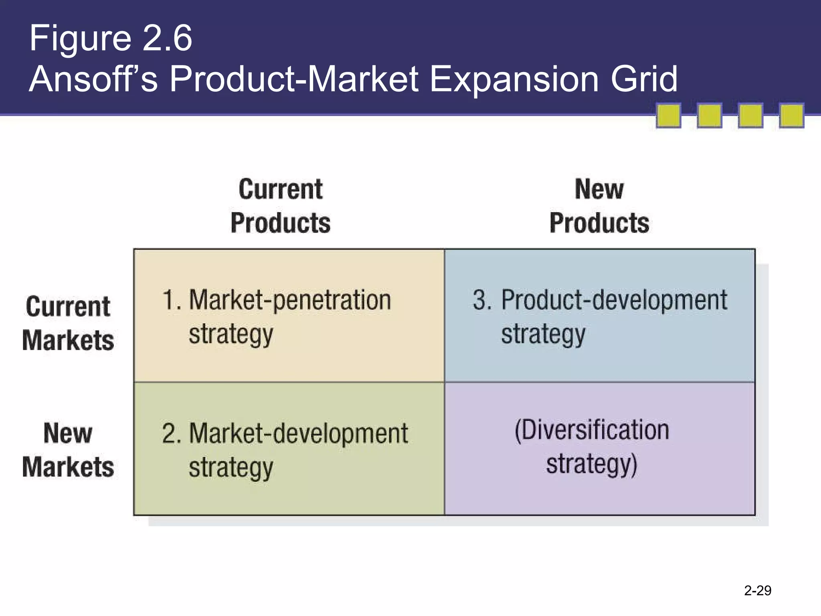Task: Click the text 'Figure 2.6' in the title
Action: (111, 38)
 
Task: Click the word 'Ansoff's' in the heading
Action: (93, 79)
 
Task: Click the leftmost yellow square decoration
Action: (668, 115)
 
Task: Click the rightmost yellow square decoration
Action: (791, 115)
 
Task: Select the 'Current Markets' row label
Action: (68, 323)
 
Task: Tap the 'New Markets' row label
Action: (68, 450)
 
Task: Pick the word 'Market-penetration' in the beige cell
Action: (290, 300)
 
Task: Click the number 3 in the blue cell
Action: (481, 300)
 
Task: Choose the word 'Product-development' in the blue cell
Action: (614, 300)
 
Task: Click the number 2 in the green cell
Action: (170, 434)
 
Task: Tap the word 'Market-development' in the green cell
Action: (298, 434)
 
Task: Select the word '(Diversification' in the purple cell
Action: (592, 430)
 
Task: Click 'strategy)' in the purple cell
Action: (592, 465)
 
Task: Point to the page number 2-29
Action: (757, 591)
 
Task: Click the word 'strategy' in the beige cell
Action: (231, 334)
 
